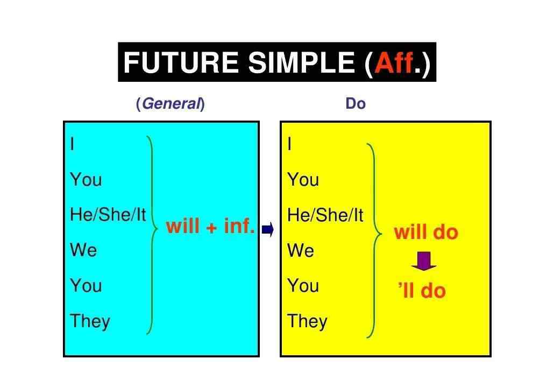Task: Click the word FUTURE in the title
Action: coord(181,62)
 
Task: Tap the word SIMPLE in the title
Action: coord(301,62)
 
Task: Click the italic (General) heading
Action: coord(171,103)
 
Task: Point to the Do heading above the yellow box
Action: coord(356,103)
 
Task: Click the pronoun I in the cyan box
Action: coord(72,144)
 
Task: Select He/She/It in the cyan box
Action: coord(108,215)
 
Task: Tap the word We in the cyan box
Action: coord(83,250)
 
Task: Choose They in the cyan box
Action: coord(90,321)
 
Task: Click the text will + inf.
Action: coord(210,226)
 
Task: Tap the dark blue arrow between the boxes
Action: coord(267,229)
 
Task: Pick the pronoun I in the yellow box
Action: coord(290,144)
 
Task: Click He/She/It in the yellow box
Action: coord(325,215)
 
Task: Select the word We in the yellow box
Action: coord(301,250)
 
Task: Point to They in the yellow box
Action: coord(307,321)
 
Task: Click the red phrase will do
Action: coord(426,233)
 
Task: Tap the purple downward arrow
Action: coord(424,261)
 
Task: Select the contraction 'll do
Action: coord(422,291)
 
